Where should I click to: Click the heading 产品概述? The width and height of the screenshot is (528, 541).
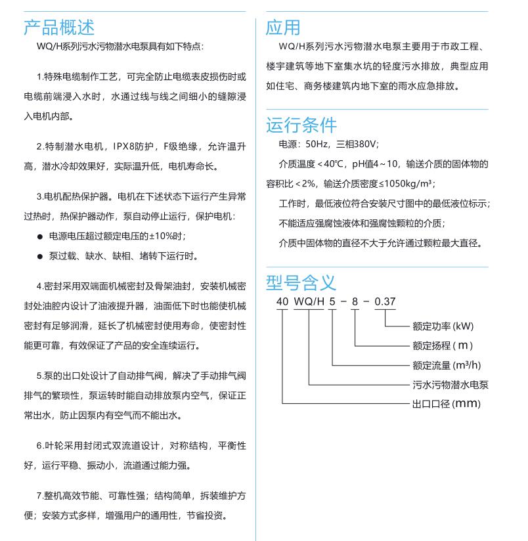59,27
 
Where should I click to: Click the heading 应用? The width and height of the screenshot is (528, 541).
283,27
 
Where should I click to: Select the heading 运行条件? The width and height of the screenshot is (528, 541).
301,125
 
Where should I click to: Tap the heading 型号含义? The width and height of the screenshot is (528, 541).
301,282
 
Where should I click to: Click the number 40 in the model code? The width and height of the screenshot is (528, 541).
282,302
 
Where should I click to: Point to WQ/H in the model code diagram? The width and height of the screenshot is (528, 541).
309,302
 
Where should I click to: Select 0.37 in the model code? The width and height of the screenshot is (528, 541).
385,302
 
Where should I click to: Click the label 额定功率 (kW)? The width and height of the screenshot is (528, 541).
443,326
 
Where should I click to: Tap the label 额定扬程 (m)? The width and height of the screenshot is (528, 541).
443,345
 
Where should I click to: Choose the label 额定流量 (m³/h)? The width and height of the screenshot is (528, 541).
447,365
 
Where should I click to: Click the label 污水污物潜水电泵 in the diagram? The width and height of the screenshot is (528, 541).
451,385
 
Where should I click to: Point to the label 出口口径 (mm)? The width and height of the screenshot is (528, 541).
447,404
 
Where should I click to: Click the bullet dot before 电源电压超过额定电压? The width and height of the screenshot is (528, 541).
40,236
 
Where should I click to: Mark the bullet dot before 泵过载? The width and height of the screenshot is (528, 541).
40,256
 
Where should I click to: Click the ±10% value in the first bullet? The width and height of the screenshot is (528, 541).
160,236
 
